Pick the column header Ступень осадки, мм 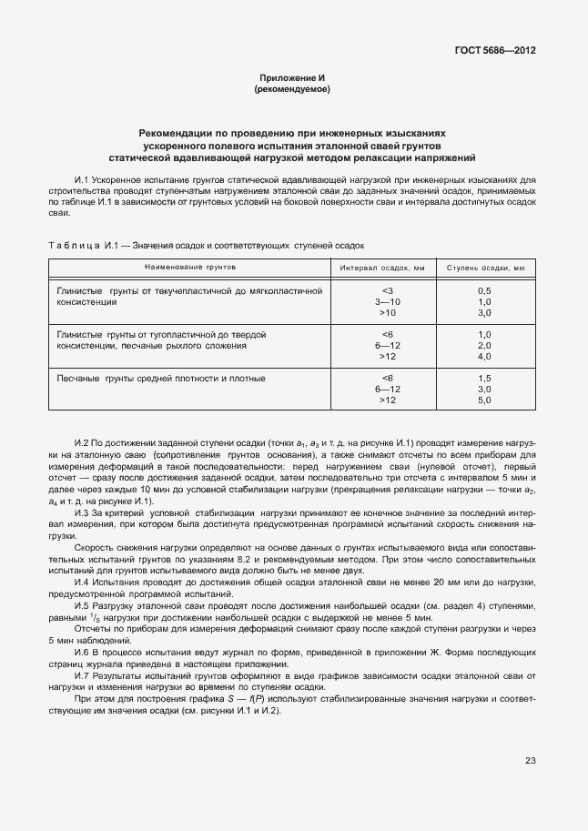pos(484,269)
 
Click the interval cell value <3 pos(388,289)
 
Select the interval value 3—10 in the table pos(388,300)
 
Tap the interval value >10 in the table pos(388,311)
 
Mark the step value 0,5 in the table pos(484,289)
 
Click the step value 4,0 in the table pos(484,356)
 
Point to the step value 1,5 pos(484,378)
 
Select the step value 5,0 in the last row pos(484,400)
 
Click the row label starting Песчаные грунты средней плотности pos(161,378)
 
